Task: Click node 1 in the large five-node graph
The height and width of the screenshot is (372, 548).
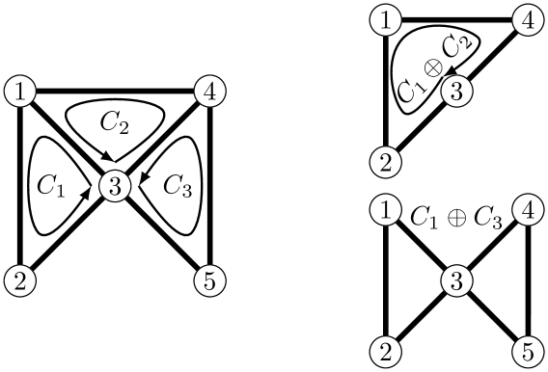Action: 20,93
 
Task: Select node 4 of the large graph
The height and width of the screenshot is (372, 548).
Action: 209,93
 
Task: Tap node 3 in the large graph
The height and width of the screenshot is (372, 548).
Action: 115,187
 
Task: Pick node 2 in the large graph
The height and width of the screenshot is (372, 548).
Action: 20,281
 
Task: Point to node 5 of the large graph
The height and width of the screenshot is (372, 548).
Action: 209,281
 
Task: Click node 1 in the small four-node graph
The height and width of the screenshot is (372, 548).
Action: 385,20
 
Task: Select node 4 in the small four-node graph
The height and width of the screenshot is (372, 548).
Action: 527,20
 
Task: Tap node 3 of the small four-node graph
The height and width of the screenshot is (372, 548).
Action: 456,93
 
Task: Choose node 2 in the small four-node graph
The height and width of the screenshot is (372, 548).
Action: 385,163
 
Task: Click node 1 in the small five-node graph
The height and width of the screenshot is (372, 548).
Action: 385,209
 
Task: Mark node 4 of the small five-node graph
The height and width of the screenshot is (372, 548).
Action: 527,209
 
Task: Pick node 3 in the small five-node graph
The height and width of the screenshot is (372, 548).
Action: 456,281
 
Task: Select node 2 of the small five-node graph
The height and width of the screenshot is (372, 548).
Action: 385,352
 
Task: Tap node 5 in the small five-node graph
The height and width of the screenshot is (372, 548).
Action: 527,352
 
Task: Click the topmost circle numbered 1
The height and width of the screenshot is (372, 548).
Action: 385,20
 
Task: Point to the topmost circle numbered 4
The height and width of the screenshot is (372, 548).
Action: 527,20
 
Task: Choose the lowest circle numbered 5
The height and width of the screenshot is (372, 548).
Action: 527,352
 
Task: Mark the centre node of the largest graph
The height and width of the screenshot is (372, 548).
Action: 115,187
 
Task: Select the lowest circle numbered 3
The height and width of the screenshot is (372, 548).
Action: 456,281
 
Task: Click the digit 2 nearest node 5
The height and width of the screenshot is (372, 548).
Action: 385,352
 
